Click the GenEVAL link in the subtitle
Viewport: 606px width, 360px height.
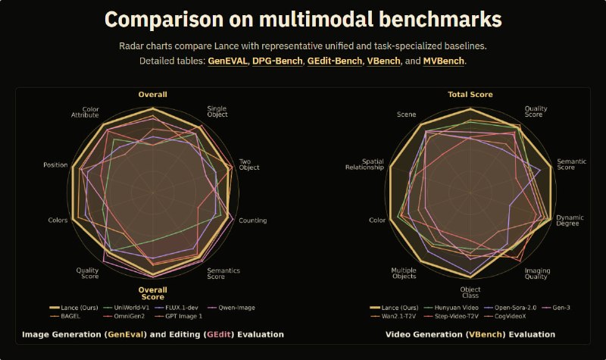point(228,61)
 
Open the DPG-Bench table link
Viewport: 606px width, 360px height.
point(277,61)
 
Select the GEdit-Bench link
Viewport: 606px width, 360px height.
point(335,61)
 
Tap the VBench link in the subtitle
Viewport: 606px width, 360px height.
point(384,61)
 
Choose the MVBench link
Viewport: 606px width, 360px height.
point(444,61)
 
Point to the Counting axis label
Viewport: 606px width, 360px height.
point(253,221)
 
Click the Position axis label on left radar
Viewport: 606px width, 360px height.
point(55,164)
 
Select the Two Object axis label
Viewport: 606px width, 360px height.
point(249,164)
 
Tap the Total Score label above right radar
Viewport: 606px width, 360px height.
point(470,94)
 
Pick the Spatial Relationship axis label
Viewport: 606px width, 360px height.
point(364,164)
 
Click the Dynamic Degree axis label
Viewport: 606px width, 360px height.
point(570,221)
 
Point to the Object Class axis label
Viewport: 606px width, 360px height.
point(470,293)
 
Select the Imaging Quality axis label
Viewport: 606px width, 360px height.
point(537,274)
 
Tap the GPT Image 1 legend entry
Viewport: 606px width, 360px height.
point(179,316)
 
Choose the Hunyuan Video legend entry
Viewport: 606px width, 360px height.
point(451,308)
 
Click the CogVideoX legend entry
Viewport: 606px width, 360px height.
point(505,316)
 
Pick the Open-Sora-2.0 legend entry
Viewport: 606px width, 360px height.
point(510,308)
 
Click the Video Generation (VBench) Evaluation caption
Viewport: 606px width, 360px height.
point(470,334)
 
